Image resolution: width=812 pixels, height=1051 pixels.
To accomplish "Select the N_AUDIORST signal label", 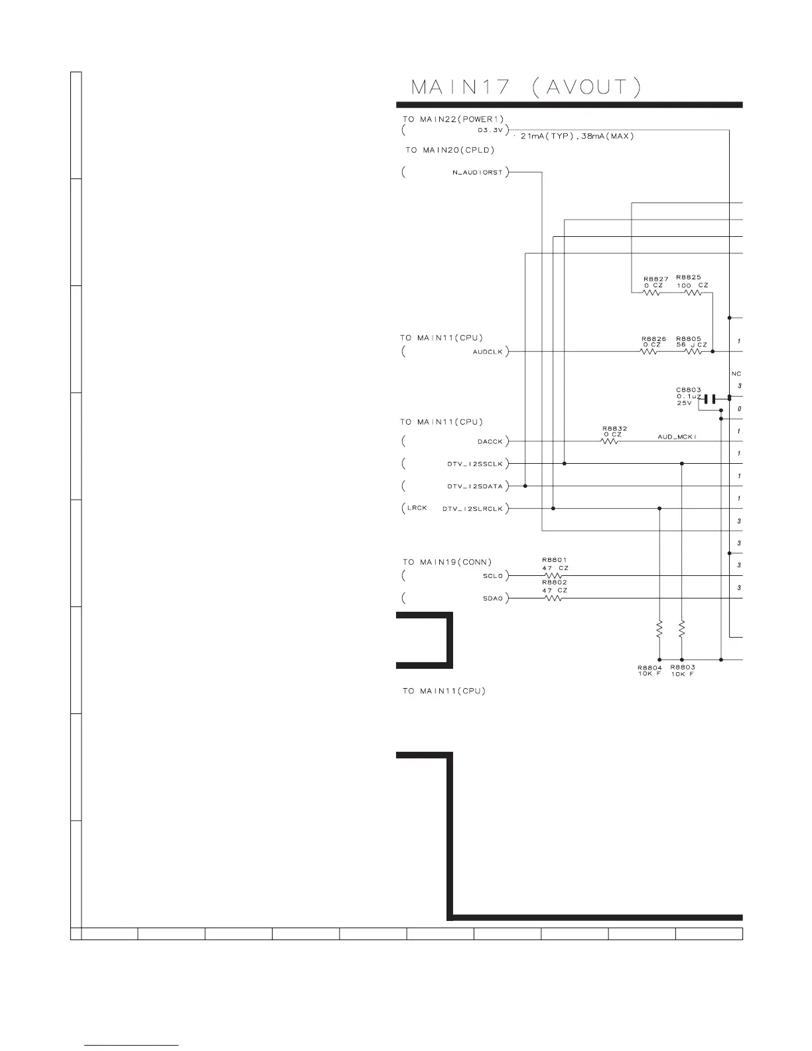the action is [x=477, y=173].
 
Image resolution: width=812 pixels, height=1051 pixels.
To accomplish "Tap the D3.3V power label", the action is [x=490, y=130].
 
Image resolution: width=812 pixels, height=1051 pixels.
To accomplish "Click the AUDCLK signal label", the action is [x=488, y=352].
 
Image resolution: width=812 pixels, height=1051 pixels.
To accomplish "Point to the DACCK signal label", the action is [x=490, y=441].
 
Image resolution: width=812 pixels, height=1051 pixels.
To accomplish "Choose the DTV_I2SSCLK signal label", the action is [x=475, y=464].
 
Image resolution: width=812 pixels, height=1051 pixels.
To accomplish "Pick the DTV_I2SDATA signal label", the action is [x=475, y=486].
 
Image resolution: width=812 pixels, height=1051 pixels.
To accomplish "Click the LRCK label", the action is [x=417, y=508].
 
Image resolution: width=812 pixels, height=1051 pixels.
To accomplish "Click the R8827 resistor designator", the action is [x=655, y=279].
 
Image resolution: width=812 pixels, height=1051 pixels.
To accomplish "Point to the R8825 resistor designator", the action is [x=689, y=277].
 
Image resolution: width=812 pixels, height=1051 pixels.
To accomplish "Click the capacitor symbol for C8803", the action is [x=710, y=399].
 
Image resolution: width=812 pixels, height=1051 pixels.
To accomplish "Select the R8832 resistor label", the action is [x=615, y=429].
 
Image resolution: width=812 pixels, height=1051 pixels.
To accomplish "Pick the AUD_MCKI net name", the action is [x=677, y=437].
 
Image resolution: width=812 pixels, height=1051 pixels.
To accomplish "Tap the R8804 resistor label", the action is [x=649, y=667].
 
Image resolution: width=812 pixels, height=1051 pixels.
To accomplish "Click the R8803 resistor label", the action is [x=683, y=667].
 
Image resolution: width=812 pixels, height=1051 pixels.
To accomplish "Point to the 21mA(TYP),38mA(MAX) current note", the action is [x=577, y=136].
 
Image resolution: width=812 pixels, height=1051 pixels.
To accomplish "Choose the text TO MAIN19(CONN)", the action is [x=447, y=562].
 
